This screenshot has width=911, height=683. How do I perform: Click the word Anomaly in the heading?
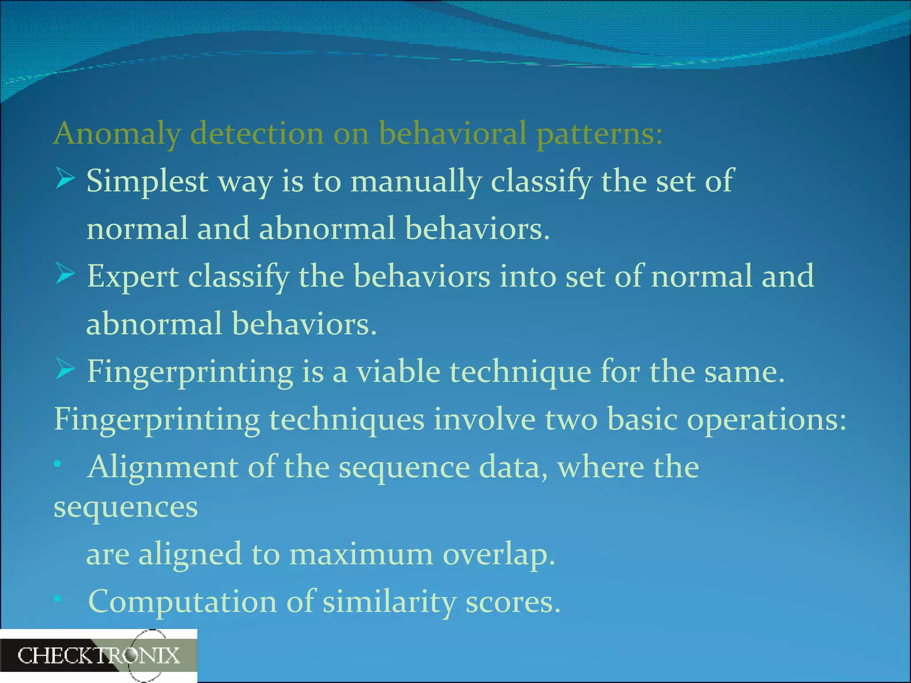(x=117, y=133)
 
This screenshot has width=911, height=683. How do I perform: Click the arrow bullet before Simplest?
(x=65, y=180)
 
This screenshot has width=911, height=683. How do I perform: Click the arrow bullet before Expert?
(x=65, y=275)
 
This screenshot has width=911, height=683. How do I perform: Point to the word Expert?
(x=132, y=277)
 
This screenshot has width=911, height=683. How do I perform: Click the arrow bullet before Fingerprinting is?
(x=65, y=370)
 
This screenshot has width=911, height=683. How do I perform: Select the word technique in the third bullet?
(x=520, y=372)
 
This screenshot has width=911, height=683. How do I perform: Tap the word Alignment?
(x=163, y=468)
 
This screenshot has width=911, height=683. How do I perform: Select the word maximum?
(x=361, y=554)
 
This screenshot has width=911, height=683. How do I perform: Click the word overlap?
(x=499, y=554)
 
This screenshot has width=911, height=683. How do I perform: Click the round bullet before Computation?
(x=57, y=599)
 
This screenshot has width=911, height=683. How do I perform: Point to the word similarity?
(x=389, y=602)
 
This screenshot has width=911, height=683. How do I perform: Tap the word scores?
(x=512, y=602)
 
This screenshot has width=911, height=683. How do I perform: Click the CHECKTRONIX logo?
(x=98, y=655)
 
